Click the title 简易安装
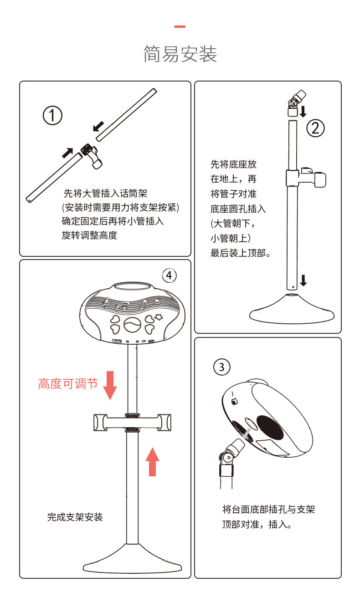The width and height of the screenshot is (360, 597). tap(180, 54)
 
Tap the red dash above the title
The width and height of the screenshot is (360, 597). tap(180, 26)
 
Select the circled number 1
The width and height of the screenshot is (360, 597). tap(52, 115)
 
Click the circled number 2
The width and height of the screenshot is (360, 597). tap(315, 128)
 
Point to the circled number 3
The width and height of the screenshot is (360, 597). tap(221, 367)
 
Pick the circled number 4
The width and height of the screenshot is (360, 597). tap(169, 276)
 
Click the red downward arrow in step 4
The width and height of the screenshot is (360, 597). tap(110, 385)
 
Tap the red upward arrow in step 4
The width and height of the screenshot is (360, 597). tap(152, 462)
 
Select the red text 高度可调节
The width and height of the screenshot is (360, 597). tap(68, 384)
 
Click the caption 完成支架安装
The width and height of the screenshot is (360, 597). tap(75, 517)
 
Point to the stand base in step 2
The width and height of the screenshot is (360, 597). tap(292, 309)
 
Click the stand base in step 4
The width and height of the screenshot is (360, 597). tap(132, 559)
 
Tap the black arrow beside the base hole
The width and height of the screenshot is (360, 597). tap(303, 281)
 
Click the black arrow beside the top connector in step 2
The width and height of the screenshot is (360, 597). tap(303, 112)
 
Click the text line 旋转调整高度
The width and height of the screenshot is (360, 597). tap(89, 235)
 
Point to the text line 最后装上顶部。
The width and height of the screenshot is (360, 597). tap(241, 253)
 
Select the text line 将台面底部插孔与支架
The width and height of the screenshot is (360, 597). tap(268, 509)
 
